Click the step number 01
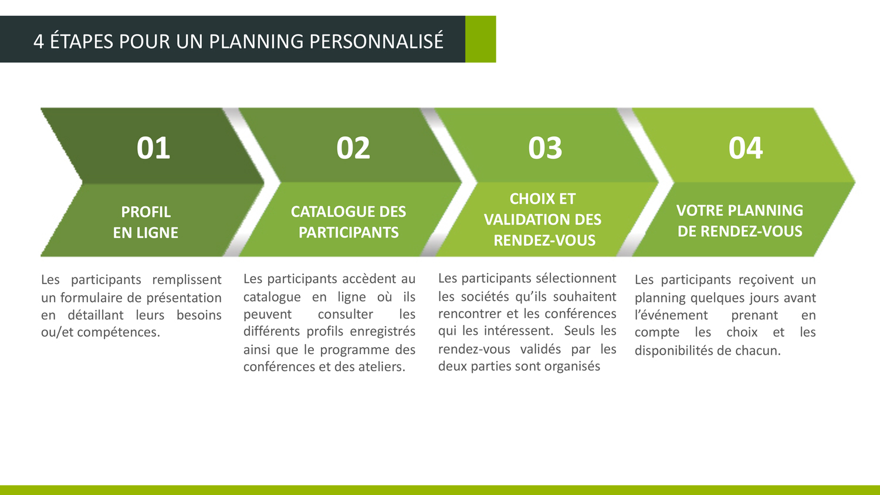pyautogui.click(x=153, y=148)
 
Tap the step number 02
pyautogui.click(x=353, y=148)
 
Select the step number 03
pyautogui.click(x=545, y=148)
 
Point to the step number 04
pyautogui.click(x=745, y=148)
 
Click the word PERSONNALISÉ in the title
pyautogui.click(x=377, y=41)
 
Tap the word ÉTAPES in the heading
pyautogui.click(x=82, y=41)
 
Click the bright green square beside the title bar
pyautogui.click(x=480, y=39)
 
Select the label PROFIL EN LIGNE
pyautogui.click(x=145, y=222)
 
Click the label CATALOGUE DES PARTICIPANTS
pyautogui.click(x=348, y=222)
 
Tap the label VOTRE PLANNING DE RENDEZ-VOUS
pyautogui.click(x=740, y=221)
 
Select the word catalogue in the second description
pyautogui.click(x=272, y=297)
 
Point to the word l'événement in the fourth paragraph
pyautogui.click(x=671, y=315)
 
